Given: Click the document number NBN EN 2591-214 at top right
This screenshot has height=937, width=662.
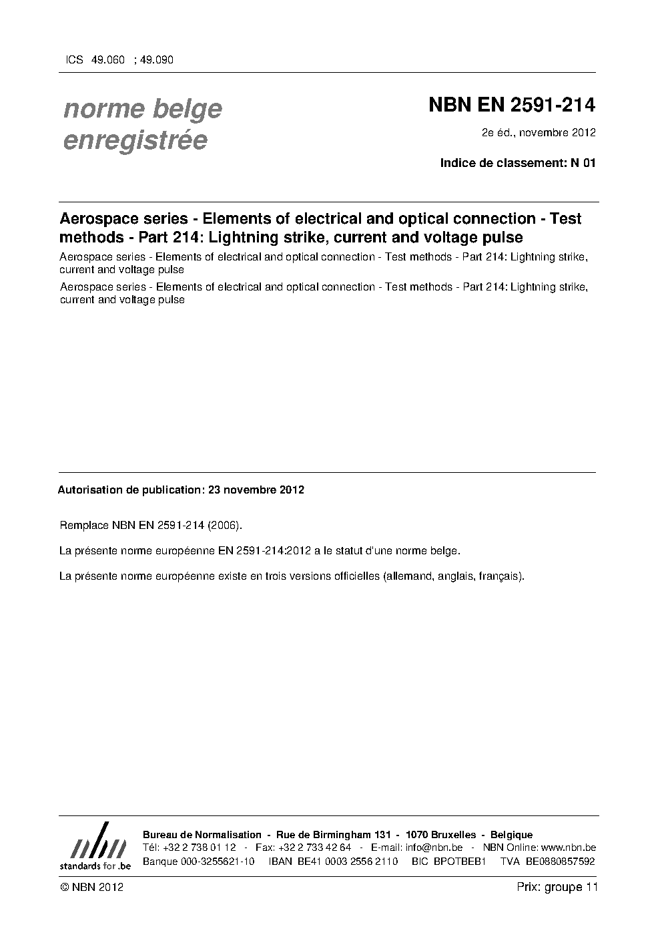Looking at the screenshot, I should tap(511, 106).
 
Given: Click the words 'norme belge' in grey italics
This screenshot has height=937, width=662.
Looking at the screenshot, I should tap(142, 108).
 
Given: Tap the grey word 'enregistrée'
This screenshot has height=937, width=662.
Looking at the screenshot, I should tap(135, 141).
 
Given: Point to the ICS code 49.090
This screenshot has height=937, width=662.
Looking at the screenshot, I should tap(156, 60).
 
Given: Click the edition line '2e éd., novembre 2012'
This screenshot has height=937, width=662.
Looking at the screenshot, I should tap(539, 132).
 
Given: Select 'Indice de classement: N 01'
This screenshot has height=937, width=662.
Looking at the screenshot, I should tap(517, 163).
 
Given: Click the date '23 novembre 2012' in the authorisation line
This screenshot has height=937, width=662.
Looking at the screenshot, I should tap(256, 490).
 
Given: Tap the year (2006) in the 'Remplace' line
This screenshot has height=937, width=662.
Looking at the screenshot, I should tap(220, 525).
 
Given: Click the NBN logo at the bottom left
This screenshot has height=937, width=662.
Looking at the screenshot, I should tap(95, 846).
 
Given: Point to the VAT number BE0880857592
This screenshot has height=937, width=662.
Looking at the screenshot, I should tap(561, 861).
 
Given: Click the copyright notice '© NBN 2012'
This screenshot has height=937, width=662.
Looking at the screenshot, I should tap(91, 887).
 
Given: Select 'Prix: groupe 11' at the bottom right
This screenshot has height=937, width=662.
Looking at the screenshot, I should tap(557, 887).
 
